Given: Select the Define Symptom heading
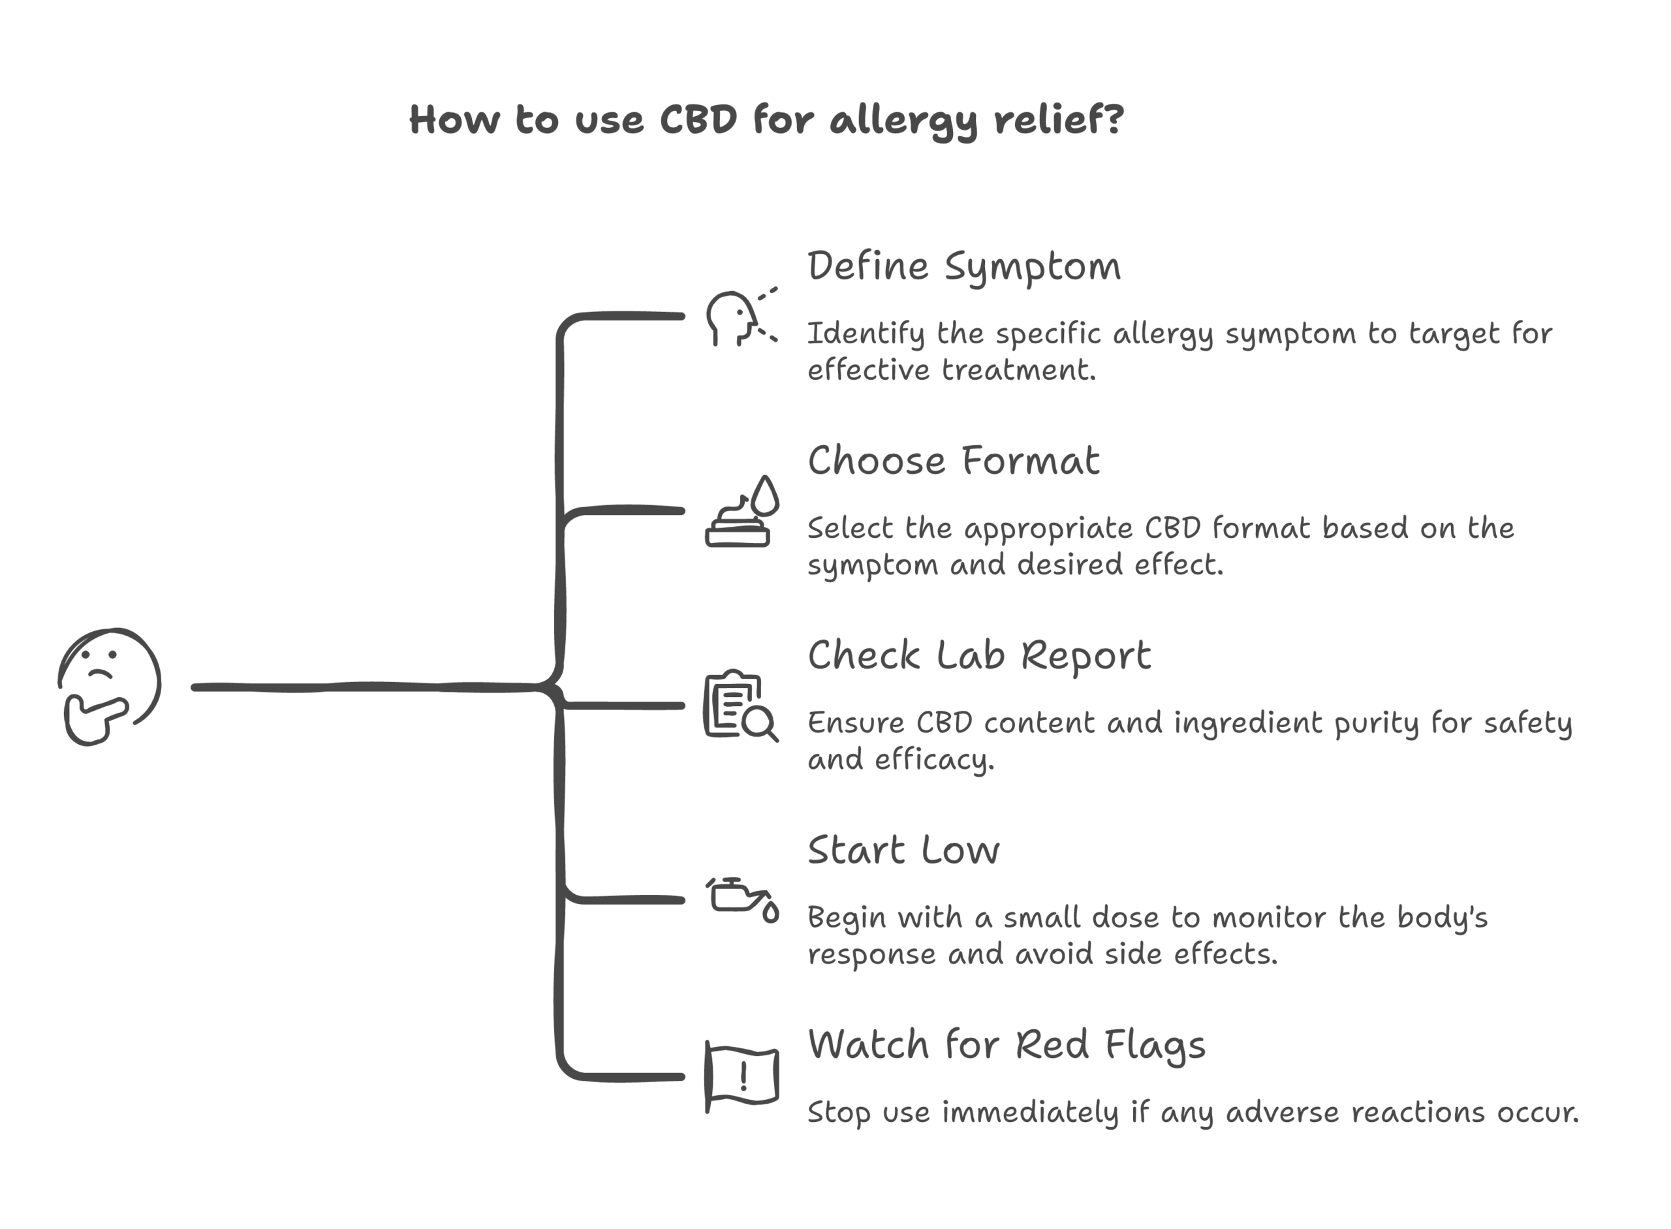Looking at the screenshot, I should [x=963, y=267].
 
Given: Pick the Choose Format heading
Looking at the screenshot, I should [x=953, y=461].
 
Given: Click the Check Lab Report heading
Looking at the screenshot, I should [x=978, y=656].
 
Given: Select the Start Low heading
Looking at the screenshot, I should [x=903, y=850].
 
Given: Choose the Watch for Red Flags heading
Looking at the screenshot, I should [x=1006, y=1045].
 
